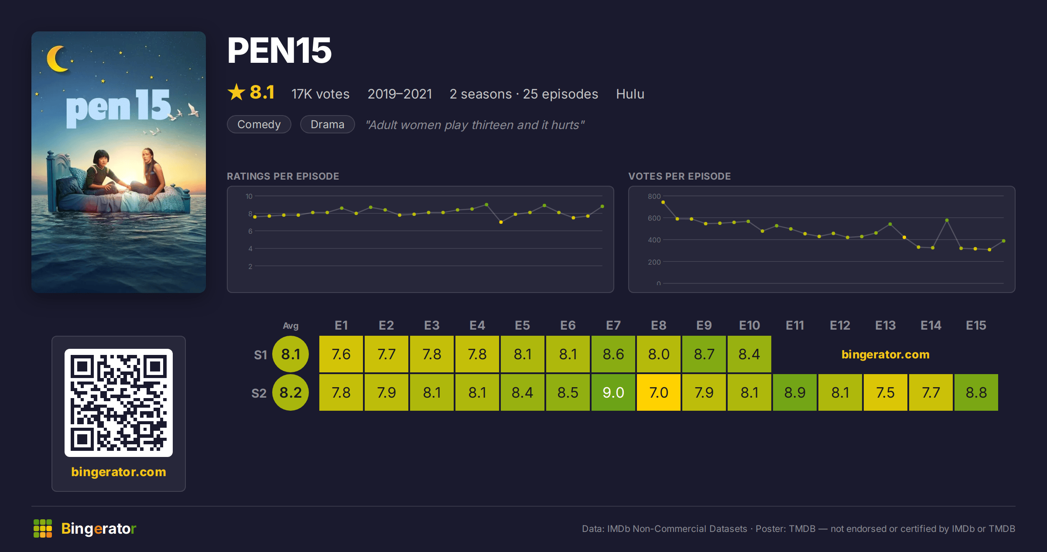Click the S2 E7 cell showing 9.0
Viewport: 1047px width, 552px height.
613,392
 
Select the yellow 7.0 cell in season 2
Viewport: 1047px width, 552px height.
659,392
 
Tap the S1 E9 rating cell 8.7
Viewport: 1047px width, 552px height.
704,354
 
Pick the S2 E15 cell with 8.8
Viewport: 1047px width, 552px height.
976,392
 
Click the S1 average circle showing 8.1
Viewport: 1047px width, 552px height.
291,354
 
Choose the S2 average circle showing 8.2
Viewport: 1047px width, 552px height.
291,392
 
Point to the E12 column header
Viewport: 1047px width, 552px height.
840,325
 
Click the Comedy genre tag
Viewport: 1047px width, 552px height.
259,124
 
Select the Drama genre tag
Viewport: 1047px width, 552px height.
328,124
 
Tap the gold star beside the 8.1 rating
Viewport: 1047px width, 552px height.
236,92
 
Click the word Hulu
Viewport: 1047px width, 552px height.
630,94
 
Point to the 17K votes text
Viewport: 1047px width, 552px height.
321,94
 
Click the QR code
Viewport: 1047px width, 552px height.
119,403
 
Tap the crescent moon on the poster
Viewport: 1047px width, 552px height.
56,59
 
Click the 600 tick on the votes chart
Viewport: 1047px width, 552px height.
654,218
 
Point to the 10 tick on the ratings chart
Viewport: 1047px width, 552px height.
249,196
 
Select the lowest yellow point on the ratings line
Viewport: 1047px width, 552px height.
501,222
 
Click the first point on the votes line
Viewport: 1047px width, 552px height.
663,202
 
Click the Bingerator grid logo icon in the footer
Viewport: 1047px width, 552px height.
43,528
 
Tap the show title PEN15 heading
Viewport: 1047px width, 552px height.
280,51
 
